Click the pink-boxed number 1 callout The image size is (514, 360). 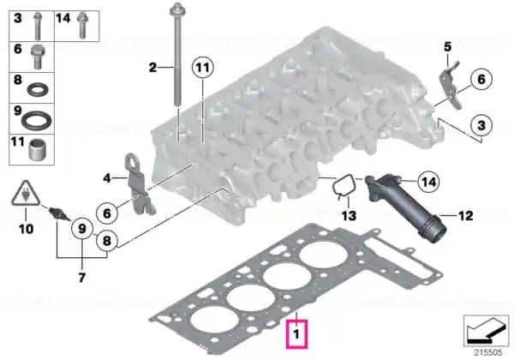(x=296, y=333)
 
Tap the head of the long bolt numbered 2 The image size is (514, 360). (x=176, y=9)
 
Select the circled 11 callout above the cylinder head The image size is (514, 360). (x=202, y=68)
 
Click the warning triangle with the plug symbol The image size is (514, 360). (x=25, y=194)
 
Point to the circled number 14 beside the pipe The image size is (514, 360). (x=429, y=182)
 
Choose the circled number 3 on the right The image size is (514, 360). (x=481, y=125)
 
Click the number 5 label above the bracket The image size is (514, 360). (x=447, y=46)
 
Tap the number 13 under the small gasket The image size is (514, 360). (x=349, y=216)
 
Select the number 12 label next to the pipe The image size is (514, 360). (x=465, y=216)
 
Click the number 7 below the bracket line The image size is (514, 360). (x=81, y=278)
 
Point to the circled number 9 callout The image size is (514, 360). (x=82, y=229)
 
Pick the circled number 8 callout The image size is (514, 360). (x=107, y=241)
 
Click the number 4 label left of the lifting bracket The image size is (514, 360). (x=107, y=178)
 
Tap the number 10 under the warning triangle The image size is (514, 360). (x=26, y=229)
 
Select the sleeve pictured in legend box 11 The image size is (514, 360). (x=37, y=150)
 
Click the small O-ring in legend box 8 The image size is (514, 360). (x=38, y=89)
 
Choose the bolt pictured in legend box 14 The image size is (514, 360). (x=82, y=26)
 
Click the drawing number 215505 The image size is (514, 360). (x=488, y=352)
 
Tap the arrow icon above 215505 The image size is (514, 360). (x=486, y=331)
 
